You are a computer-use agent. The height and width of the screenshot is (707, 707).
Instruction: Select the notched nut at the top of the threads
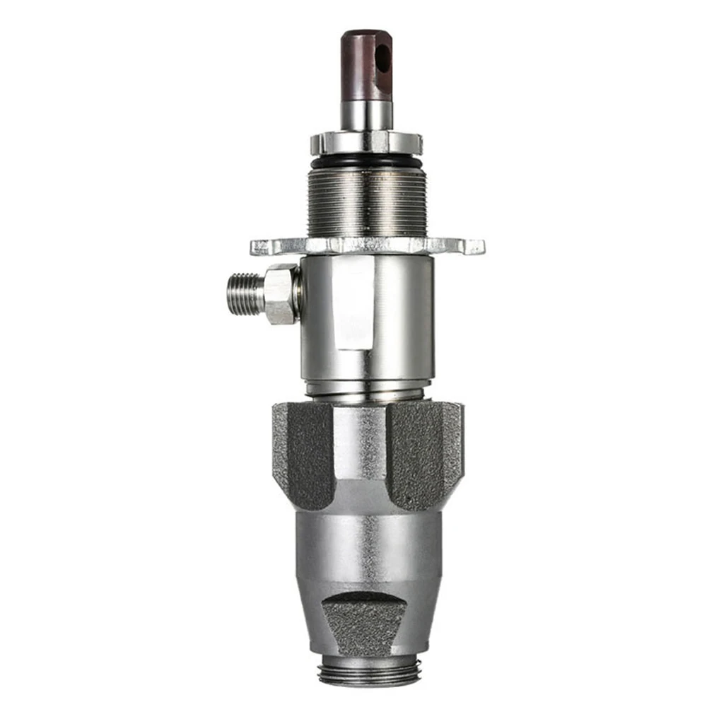click(366, 144)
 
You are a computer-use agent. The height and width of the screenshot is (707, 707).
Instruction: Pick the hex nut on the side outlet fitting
click(281, 293)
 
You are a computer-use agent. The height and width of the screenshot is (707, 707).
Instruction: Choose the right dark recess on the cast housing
click(423, 452)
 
